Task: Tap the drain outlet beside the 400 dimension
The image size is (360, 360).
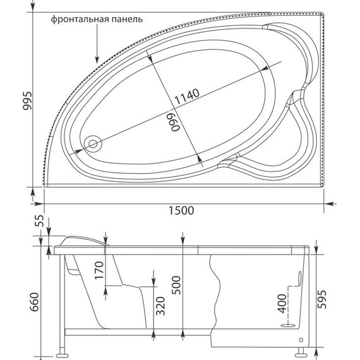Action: point(287,327)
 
